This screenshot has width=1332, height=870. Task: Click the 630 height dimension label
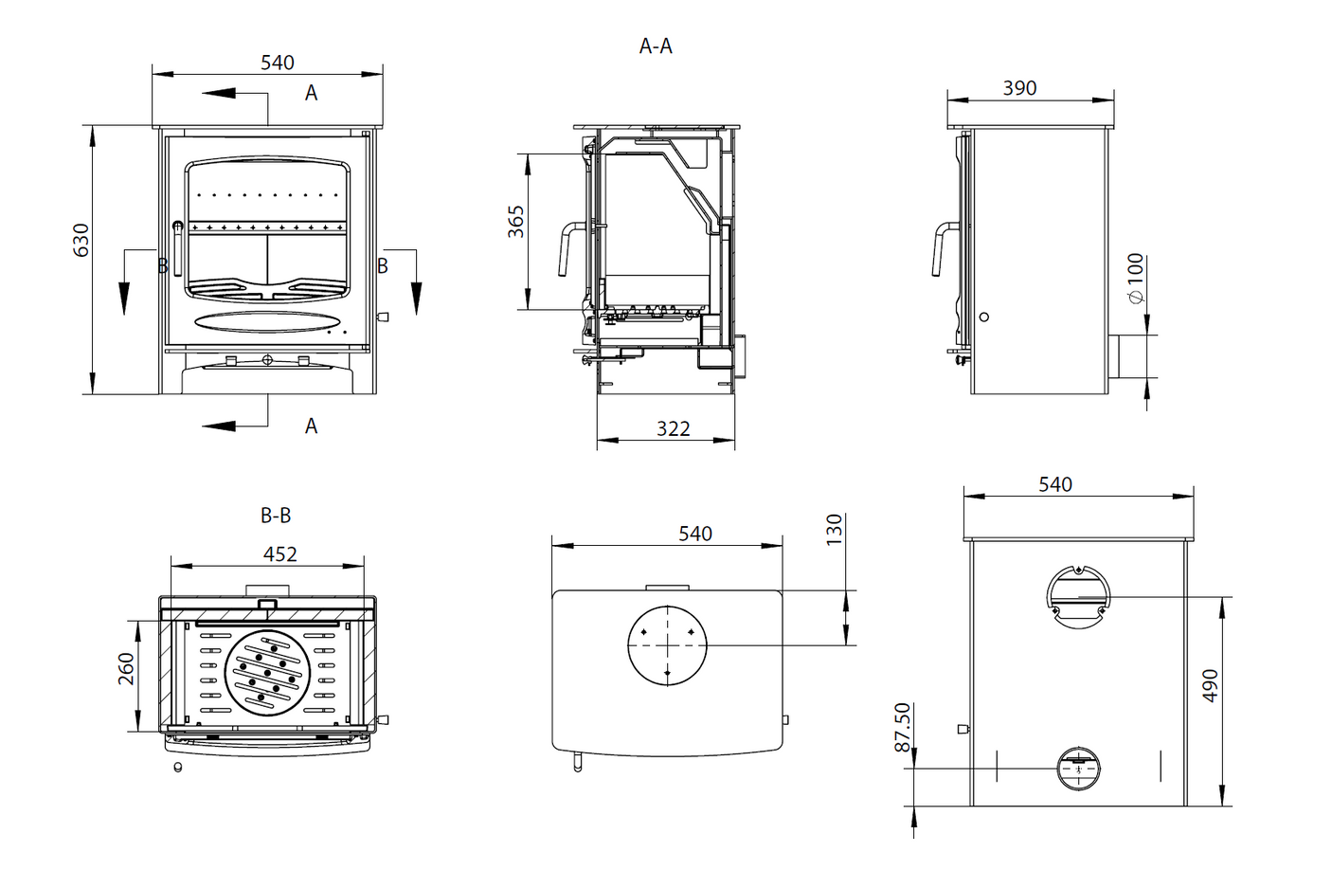pos(81,240)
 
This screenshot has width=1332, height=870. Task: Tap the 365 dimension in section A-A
pos(515,222)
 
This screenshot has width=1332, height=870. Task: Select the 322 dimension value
pos(673,428)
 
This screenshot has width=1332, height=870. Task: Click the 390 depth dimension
pos(1019,88)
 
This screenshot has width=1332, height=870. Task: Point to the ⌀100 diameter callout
pos(1136,278)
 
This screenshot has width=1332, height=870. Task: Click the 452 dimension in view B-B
pos(279,553)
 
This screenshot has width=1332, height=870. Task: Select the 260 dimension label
pos(126,669)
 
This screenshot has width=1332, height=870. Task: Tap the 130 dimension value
pos(834,529)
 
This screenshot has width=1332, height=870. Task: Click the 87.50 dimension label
pos(903,727)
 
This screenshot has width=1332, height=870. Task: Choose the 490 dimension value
pos(1210,685)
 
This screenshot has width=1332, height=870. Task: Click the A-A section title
pos(656,45)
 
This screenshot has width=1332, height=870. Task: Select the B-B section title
pos(276,516)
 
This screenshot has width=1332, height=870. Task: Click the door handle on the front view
pos(177,246)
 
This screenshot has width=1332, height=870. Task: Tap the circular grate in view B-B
pos(267,672)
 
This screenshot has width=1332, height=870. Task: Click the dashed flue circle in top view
pos(667,645)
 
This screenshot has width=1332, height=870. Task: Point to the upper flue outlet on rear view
pos(1078,597)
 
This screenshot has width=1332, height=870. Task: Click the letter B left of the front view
pos(162,266)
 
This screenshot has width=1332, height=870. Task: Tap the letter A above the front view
pos(311,93)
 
